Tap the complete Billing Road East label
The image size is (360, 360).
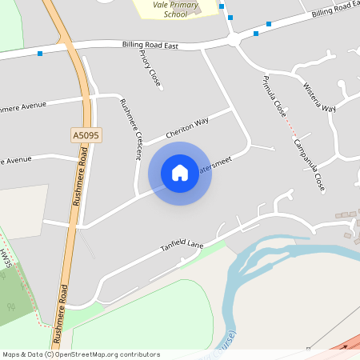pos(149,46)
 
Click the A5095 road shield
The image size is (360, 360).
pos(86,136)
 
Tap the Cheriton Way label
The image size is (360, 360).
pos(186,125)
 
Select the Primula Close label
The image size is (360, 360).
pos(274,95)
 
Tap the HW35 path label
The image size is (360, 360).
pos(6,258)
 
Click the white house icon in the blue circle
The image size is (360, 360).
pos(180,173)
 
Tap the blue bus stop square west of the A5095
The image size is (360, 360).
pos(40,54)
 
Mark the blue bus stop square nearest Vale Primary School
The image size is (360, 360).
pos(221,6)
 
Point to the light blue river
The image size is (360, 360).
pos(240,264)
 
